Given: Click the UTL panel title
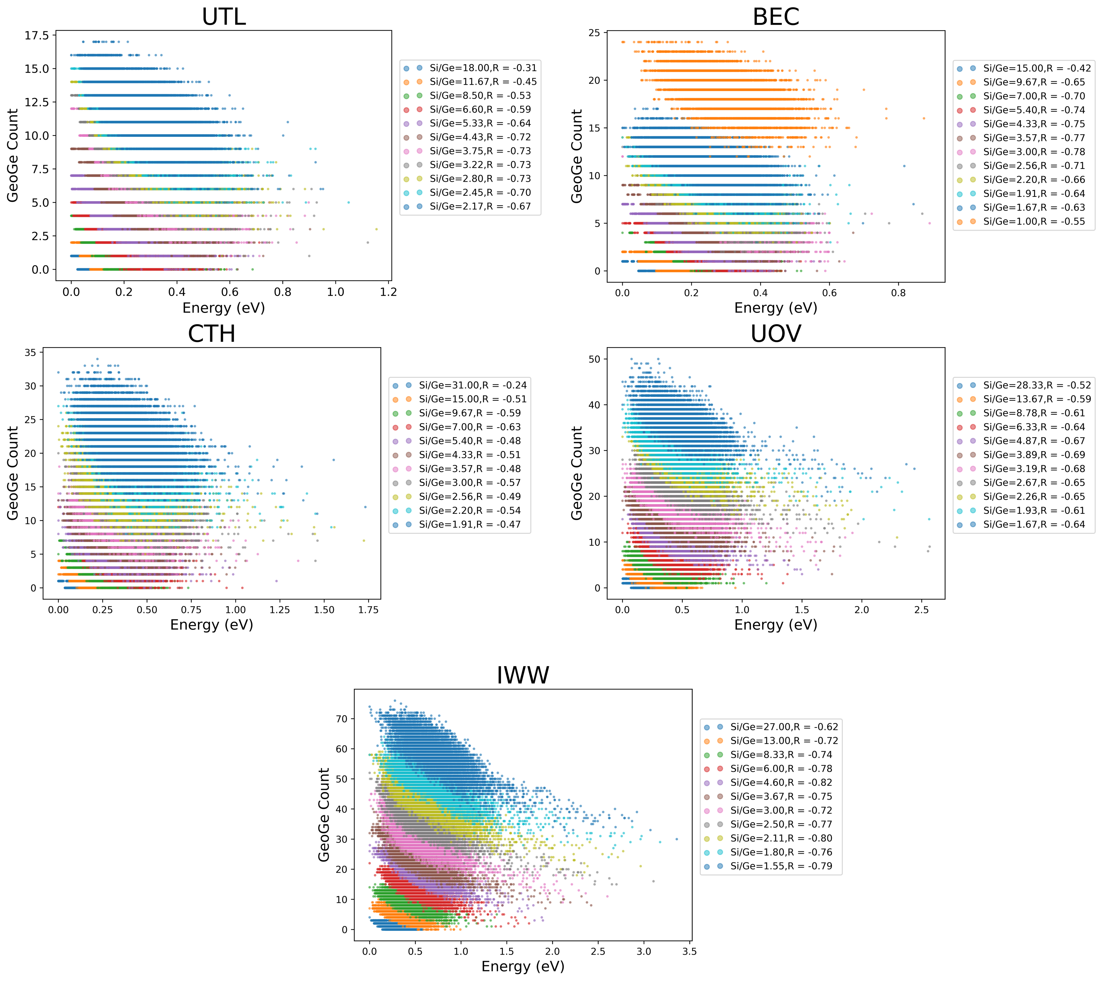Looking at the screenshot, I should [x=224, y=17].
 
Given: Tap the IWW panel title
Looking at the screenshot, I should [x=522, y=675].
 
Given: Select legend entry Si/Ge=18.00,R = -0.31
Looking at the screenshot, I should [x=482, y=68].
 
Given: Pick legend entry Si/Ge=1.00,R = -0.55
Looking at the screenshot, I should [x=1034, y=222].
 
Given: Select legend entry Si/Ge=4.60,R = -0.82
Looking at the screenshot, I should [x=781, y=782].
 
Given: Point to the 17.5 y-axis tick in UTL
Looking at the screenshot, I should [x=37, y=36].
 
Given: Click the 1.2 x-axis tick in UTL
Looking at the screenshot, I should [x=388, y=292].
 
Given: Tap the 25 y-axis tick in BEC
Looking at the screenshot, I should [x=594, y=33].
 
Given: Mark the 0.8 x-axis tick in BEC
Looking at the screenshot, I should [x=898, y=293].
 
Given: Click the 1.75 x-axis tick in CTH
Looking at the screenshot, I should [x=368, y=610].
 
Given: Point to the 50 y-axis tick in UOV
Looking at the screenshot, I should [x=594, y=359].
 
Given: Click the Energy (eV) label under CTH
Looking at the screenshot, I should [x=211, y=625].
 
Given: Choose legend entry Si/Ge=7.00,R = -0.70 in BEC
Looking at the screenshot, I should [x=1034, y=96].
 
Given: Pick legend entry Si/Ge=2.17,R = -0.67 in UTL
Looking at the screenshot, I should [x=480, y=206].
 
